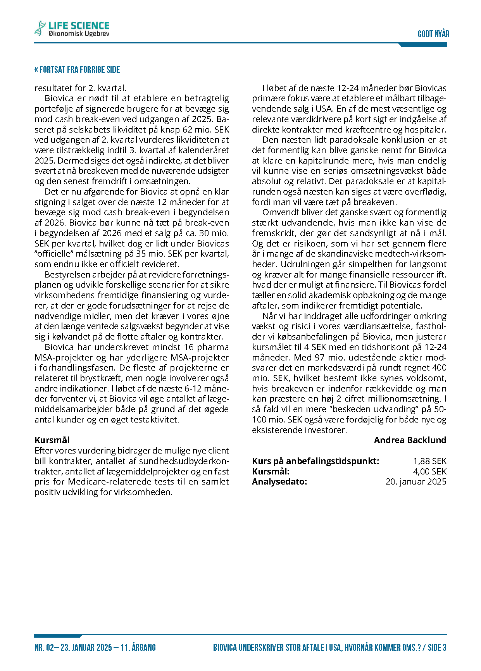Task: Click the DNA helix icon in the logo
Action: pyautogui.click(x=40, y=29)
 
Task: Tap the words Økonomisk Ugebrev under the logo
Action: pyautogui.click(x=79, y=34)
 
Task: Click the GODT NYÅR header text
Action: pyautogui.click(x=433, y=34)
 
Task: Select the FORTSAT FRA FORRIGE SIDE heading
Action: pyautogui.click(x=77, y=70)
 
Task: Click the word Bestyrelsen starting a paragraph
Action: pyautogui.click(x=67, y=275)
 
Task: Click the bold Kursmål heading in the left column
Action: pyautogui.click(x=52, y=440)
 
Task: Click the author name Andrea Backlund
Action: pyautogui.click(x=410, y=440)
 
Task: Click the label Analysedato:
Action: pyautogui.click(x=279, y=482)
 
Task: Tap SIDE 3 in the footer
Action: pyautogui.click(x=437, y=648)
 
